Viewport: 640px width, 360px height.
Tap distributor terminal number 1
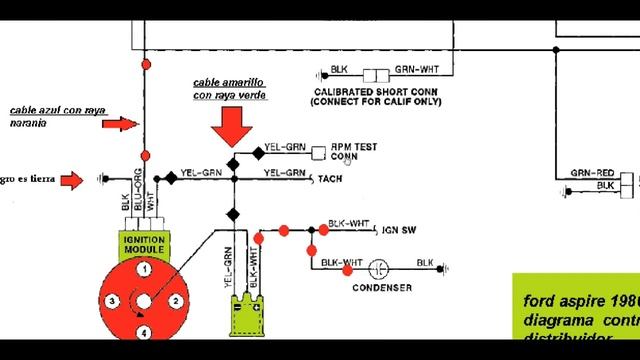144,269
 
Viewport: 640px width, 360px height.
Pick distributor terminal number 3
113,300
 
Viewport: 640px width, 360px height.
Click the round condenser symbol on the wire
379,267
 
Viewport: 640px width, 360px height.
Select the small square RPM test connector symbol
319,151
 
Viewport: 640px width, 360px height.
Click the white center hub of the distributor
144,299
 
